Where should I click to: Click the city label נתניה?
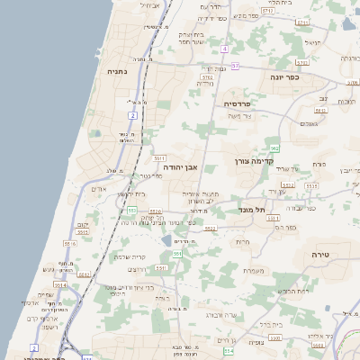pos(116,71)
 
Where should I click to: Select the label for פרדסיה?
pos(239,104)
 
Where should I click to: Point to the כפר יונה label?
pos(284,77)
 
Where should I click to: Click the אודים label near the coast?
pos(100,190)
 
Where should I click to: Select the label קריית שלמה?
pos(132,256)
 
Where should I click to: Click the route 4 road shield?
pos(225,48)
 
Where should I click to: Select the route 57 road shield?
pos(236,66)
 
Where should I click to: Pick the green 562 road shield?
pos(274,148)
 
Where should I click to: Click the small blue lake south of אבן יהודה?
pos(167,240)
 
